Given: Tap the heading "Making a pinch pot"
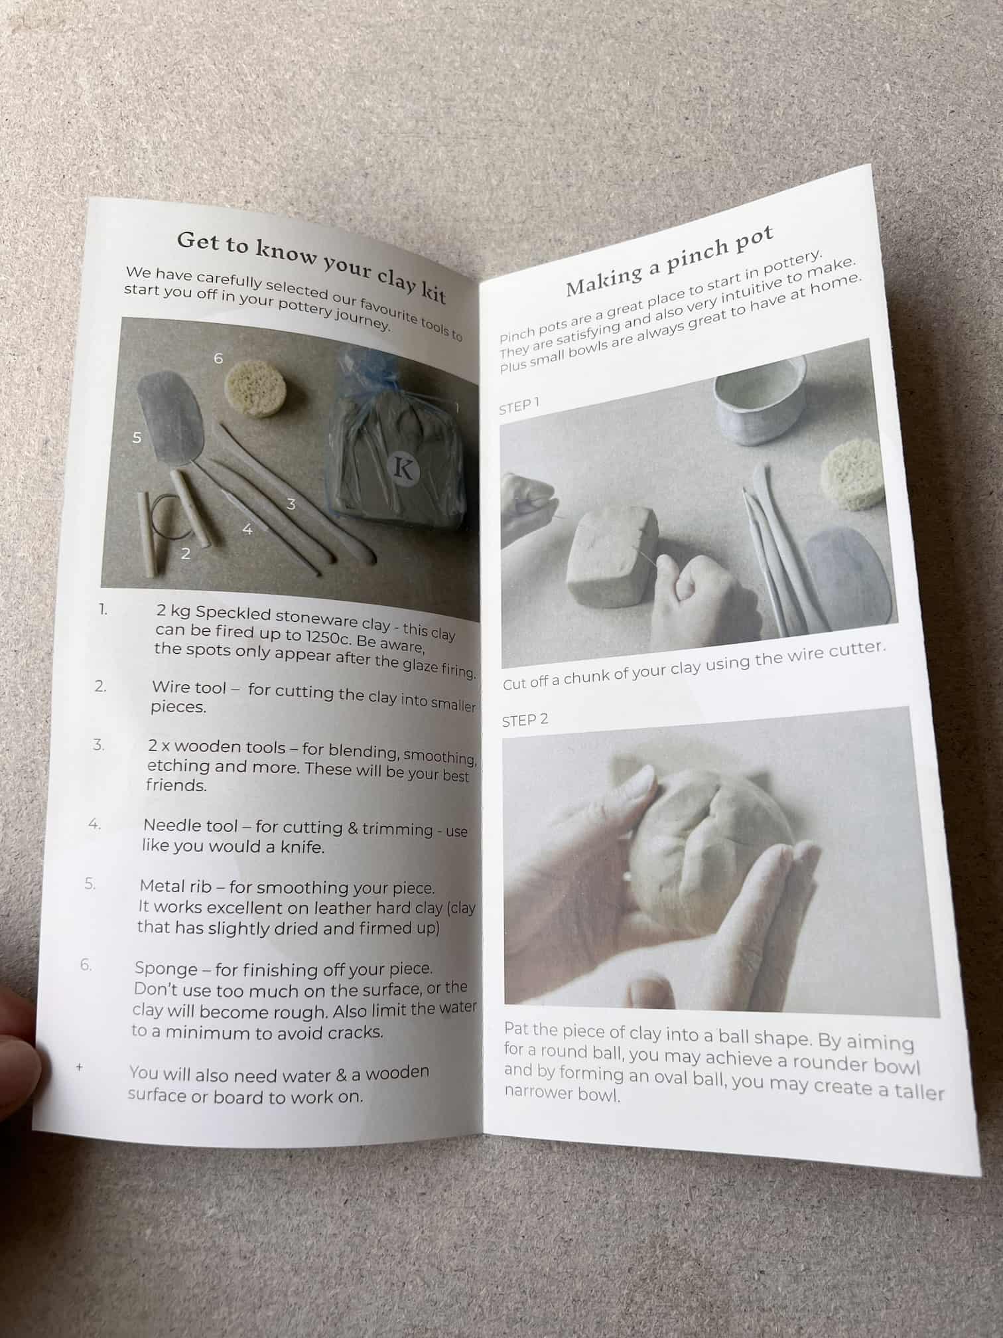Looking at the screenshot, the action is (x=669, y=260).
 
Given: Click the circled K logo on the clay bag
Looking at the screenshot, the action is (x=403, y=469).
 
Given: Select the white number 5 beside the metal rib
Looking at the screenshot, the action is (x=137, y=437).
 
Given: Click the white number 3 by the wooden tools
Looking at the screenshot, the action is (x=291, y=504).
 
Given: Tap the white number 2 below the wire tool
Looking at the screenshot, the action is (x=186, y=553).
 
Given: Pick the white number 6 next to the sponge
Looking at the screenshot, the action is (x=218, y=358).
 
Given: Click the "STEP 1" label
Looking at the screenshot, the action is (x=519, y=406).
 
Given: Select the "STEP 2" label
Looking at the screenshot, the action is (x=525, y=720).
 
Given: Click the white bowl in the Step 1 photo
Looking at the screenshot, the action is (x=760, y=401).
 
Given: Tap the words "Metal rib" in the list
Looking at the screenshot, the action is (x=175, y=885).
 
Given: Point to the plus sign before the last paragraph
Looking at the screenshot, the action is (x=80, y=1067).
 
